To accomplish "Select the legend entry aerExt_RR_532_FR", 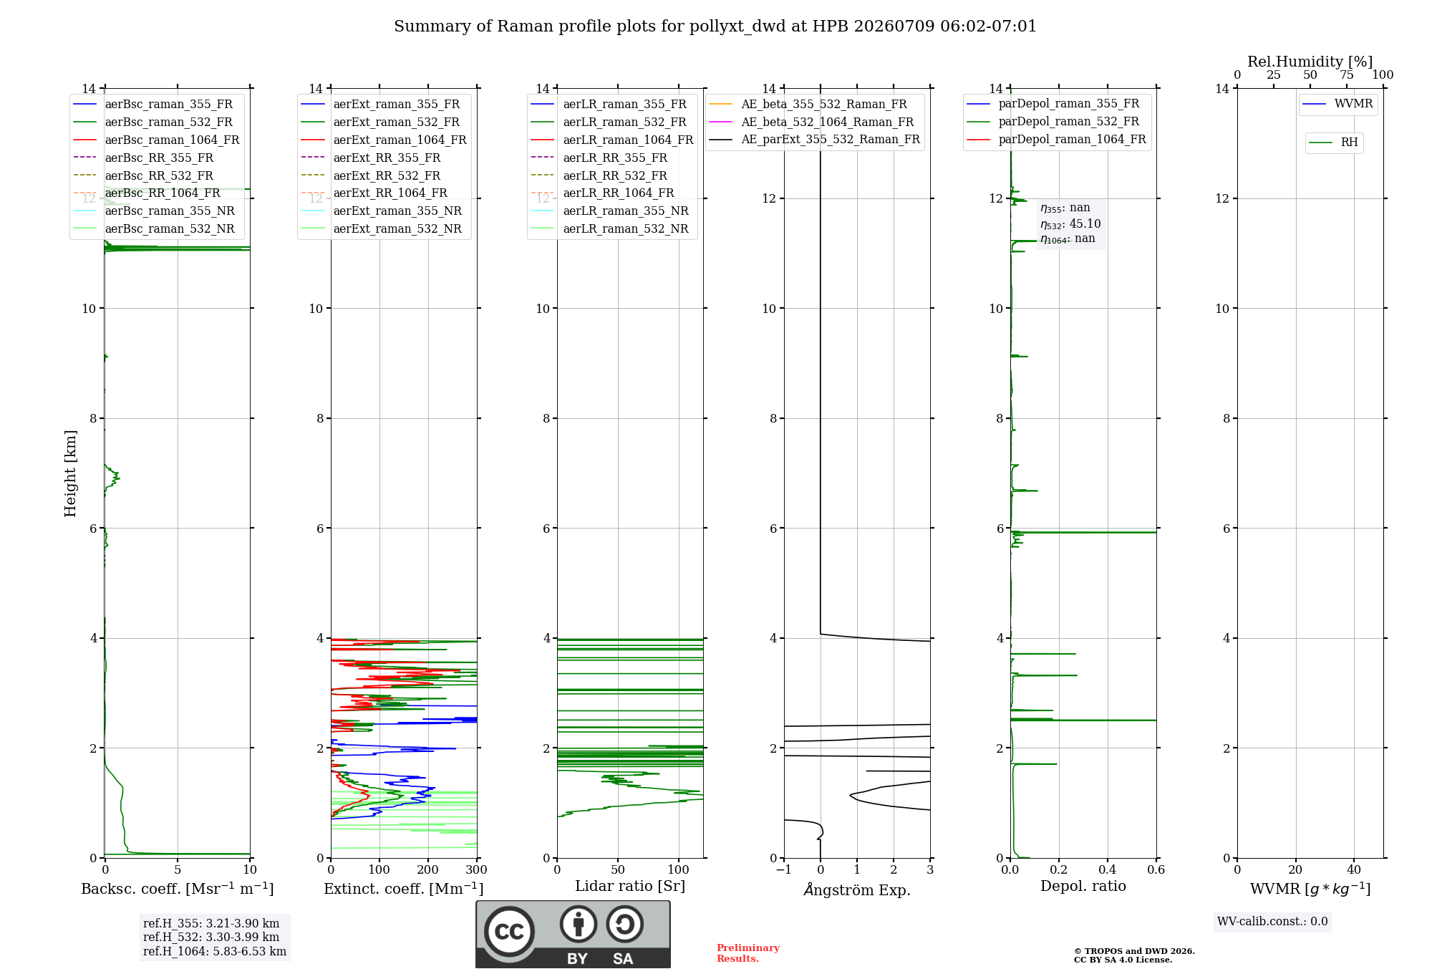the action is pos(370,175).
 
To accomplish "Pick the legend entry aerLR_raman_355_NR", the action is pos(609,211).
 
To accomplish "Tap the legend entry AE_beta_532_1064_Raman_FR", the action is pos(811,122).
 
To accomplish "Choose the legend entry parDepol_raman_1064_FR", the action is pos(1056,139).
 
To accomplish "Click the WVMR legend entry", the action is pos(1337,104).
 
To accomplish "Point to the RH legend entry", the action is pos(1333,143).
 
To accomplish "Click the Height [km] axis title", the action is pos(70,473).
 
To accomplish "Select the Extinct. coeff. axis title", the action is pos(404,889).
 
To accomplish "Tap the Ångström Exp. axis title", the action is pos(857,889).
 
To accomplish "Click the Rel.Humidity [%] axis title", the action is pos(1310,62).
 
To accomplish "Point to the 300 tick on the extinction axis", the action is pos(477,869).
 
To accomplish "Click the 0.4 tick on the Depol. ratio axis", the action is pos(1108,869).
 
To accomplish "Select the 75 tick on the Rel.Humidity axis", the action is pos(1347,74).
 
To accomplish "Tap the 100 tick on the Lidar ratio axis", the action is pos(679,869).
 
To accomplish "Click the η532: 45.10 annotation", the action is pos(1070,223).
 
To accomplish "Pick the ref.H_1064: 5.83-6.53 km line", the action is pos(215,951).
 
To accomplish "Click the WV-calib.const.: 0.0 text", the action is pos(1272,921).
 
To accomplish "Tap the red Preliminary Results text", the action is pos(748,953).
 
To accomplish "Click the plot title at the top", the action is pos(715,26).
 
